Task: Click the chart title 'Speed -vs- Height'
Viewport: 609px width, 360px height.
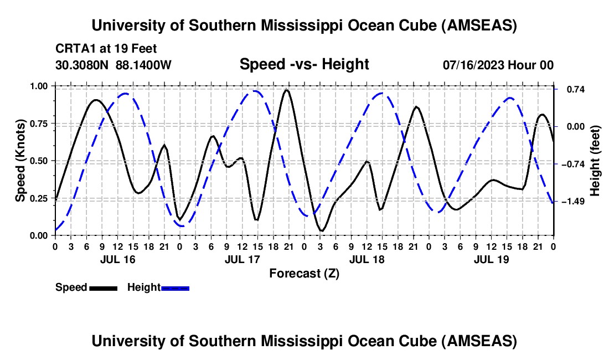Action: pos(304,64)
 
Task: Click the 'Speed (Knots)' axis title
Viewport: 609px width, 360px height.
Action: pos(20,161)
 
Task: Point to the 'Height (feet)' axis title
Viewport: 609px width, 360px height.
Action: pos(595,161)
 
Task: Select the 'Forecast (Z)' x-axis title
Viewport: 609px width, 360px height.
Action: pos(304,273)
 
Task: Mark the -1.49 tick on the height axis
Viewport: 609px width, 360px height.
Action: pos(574,201)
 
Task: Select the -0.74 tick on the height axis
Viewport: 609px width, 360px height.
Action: pos(574,164)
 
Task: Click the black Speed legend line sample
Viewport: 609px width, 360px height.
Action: pos(103,287)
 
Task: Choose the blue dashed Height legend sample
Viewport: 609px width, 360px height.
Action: pos(175,287)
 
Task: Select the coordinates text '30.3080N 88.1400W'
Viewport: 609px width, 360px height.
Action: pos(113,65)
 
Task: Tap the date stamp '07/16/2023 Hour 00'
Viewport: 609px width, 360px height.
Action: pos(498,65)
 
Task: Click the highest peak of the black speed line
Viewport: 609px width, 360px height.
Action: pos(286,90)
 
